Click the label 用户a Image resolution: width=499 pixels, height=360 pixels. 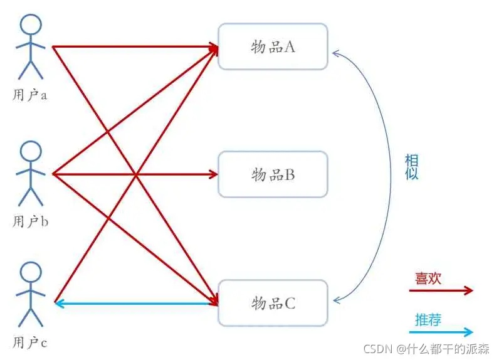[x=30, y=95]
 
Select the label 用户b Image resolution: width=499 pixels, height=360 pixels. [x=30, y=221]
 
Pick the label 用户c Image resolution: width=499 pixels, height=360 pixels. [x=30, y=342]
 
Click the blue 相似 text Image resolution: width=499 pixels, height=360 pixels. [x=411, y=167]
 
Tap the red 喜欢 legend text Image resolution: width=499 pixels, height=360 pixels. [x=428, y=278]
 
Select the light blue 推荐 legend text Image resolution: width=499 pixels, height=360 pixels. [x=428, y=320]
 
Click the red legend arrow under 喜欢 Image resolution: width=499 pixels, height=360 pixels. [x=441, y=290]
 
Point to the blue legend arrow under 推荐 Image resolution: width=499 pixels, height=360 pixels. [x=441, y=332]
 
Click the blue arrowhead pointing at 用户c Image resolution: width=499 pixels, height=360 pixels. [x=59, y=304]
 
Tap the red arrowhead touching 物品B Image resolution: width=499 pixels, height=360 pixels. [x=213, y=174]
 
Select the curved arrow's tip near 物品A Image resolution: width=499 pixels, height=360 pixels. [x=333, y=53]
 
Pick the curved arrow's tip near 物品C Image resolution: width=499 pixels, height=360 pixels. [x=334, y=300]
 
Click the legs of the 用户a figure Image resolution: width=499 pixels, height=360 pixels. [x=31, y=70]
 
